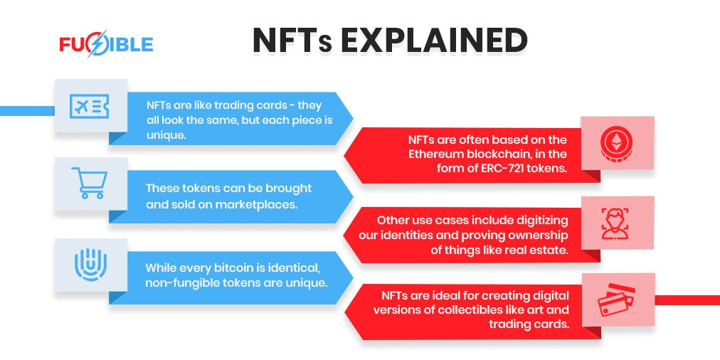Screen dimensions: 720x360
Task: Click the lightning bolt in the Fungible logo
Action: click(97, 44)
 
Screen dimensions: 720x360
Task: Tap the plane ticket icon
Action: click(90, 107)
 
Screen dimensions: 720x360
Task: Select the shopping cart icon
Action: click(89, 183)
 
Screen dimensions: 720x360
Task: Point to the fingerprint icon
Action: click(90, 265)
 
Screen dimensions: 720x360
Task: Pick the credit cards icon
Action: click(616, 300)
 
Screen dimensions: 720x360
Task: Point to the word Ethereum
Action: click(433, 154)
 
